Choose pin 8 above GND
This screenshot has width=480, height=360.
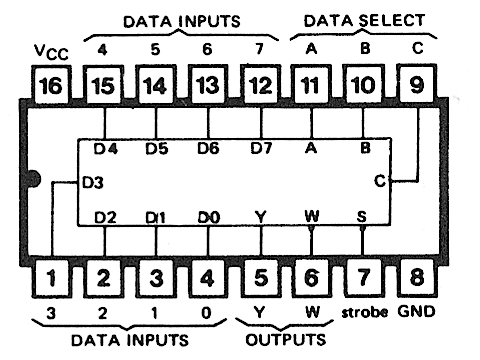point(414,277)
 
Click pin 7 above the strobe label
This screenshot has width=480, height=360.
point(362,277)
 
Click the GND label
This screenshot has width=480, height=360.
point(415,311)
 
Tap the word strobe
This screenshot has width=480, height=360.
point(362,311)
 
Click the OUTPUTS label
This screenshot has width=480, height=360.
point(283,339)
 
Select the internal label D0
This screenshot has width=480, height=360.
point(205,217)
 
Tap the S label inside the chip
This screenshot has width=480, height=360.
point(362,217)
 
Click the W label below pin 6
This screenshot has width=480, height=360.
point(311,311)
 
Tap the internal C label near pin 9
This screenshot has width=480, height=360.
point(379,182)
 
